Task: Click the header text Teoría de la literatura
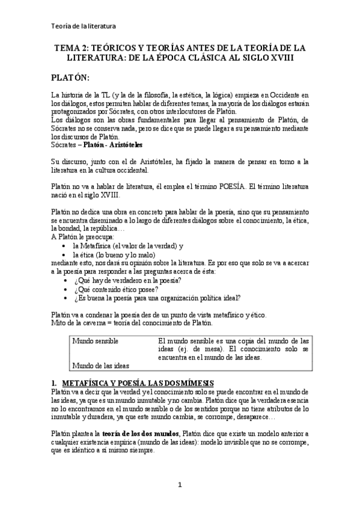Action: coord(84,26)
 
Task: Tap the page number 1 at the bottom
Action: coord(180,484)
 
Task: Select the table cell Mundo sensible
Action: coord(96,341)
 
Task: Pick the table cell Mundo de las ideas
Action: coord(100,365)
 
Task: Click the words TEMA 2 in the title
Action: coord(72,48)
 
